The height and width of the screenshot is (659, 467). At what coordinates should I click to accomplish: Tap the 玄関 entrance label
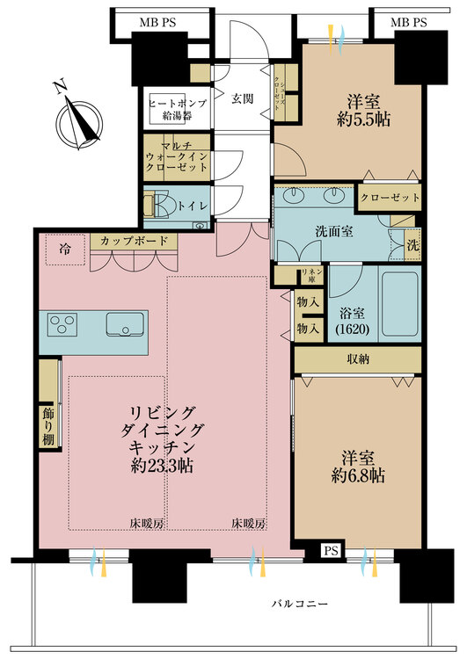pos(243,98)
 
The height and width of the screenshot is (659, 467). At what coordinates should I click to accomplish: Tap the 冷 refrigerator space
pos(67,248)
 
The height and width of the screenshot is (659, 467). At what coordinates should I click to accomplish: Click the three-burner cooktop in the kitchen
pos(65,327)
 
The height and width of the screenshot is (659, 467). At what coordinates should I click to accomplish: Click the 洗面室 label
pos(309,234)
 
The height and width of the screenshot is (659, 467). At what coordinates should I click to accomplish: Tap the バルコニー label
pos(298,605)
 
